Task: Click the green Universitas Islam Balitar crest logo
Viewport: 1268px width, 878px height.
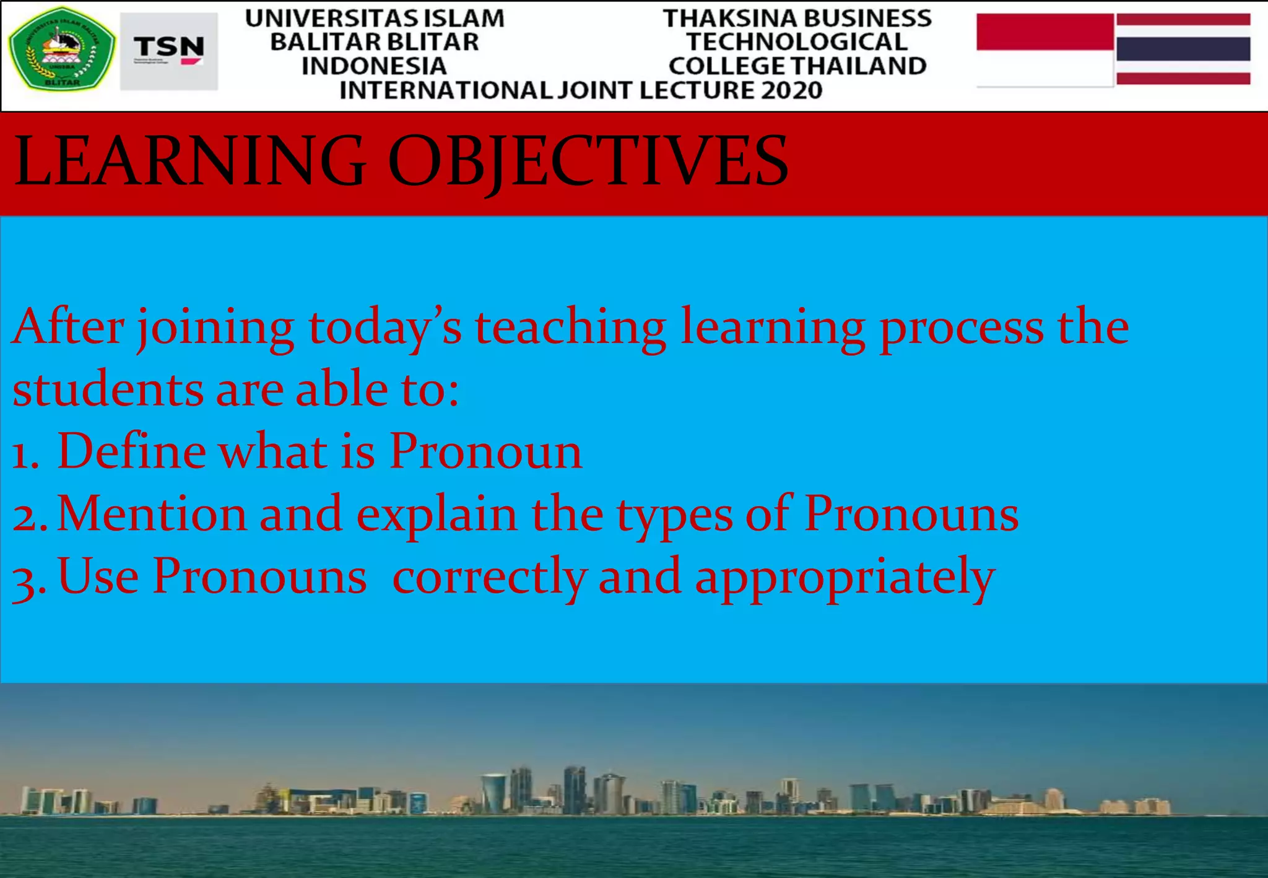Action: [61, 49]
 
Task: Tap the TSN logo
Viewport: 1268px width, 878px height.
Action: [168, 51]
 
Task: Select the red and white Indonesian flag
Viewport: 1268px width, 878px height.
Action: [1044, 50]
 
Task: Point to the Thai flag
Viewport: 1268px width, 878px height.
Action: [1183, 49]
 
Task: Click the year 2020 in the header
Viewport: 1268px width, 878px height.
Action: [791, 91]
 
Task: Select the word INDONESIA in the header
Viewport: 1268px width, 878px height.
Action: [374, 66]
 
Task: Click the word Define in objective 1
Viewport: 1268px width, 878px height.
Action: [131, 451]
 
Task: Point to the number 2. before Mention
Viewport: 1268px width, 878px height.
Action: [29, 515]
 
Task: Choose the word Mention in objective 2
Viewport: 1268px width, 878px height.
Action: [152, 514]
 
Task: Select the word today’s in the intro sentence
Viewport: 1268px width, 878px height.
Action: [384, 328]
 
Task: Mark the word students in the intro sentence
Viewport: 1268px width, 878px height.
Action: [108, 390]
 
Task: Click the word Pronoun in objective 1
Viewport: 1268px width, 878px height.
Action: [485, 451]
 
